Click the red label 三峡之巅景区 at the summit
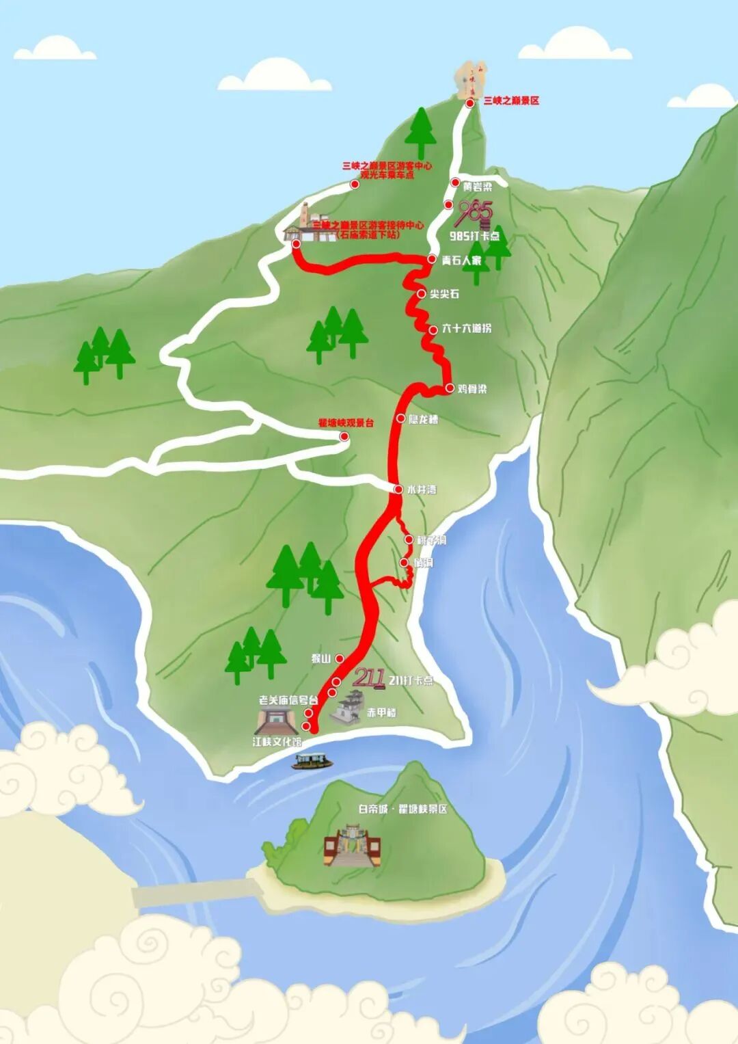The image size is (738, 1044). [x=511, y=101]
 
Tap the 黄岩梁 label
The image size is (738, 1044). [x=477, y=187]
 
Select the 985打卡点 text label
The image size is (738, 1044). [x=474, y=236]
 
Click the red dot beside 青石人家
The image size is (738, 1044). [x=432, y=259]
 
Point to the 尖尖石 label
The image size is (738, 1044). [x=444, y=294]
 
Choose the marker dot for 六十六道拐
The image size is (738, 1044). [x=433, y=330]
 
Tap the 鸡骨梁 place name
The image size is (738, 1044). [x=472, y=389]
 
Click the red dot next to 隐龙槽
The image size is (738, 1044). [x=400, y=418]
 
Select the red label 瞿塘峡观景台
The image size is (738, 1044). [x=346, y=423]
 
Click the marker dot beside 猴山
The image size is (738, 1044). [x=340, y=658]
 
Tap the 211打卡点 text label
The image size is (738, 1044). [x=411, y=681]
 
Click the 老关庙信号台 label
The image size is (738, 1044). [x=288, y=700]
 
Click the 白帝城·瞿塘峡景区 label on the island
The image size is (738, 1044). [x=402, y=809]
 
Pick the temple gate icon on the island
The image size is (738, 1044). [x=352, y=847]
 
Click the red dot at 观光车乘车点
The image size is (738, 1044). [x=355, y=184]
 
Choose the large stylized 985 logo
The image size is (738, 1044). [x=474, y=214]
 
